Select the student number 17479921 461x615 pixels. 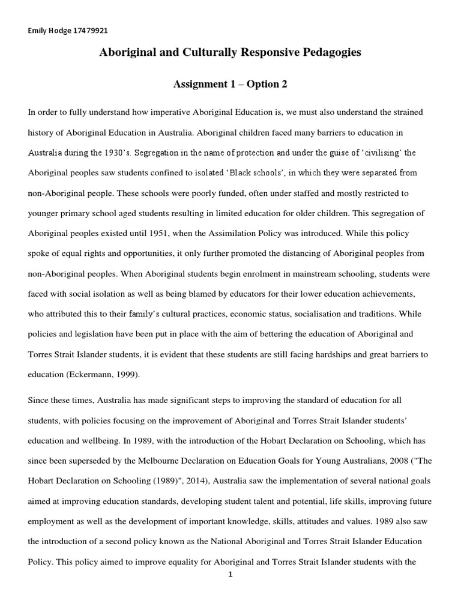pos(91,30)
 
